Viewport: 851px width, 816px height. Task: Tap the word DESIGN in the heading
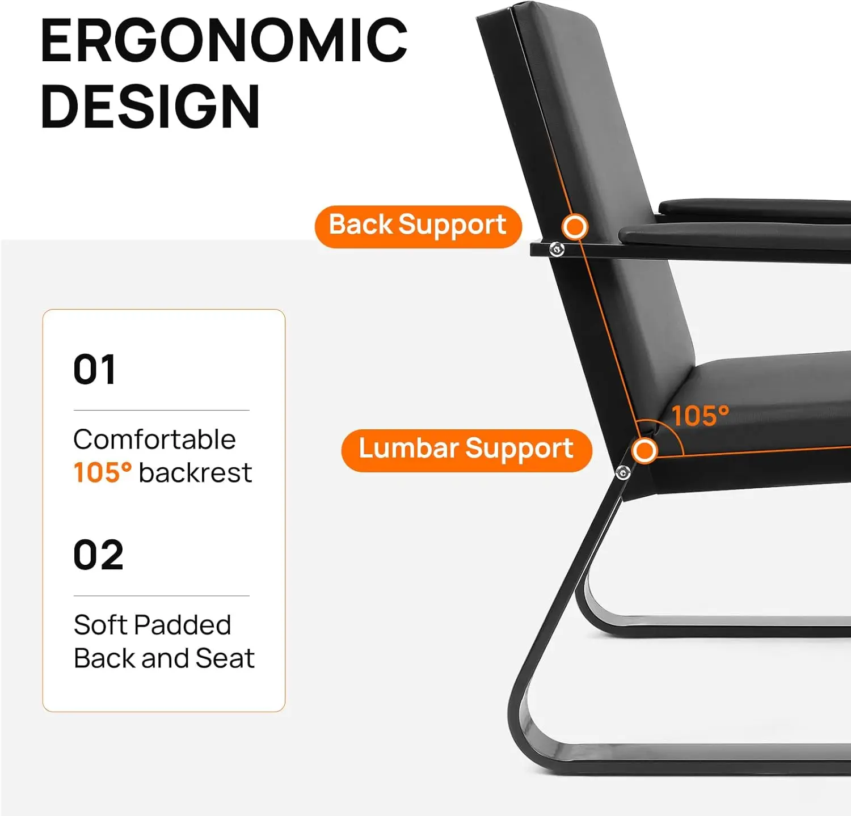tap(150, 107)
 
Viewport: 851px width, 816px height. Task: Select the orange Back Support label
tap(418, 226)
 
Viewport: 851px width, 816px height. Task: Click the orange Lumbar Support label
tap(466, 450)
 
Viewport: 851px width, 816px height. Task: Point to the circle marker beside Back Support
tap(575, 227)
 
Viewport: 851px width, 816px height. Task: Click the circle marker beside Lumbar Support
tap(644, 451)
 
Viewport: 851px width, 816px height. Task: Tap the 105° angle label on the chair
tap(700, 416)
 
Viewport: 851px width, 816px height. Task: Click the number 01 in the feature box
tap(95, 369)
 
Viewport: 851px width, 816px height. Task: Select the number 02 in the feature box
tap(98, 555)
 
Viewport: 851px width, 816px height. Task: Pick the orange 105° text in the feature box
tap(103, 472)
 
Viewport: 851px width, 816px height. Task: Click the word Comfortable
tap(154, 439)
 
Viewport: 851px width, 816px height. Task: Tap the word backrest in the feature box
tap(195, 472)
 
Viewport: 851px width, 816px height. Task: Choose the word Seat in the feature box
tap(225, 658)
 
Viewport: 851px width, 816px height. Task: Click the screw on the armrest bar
tap(557, 249)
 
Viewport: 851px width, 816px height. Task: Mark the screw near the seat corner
tap(623, 472)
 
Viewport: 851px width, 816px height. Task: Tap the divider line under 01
tap(162, 410)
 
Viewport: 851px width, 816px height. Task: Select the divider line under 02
tap(162, 596)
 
